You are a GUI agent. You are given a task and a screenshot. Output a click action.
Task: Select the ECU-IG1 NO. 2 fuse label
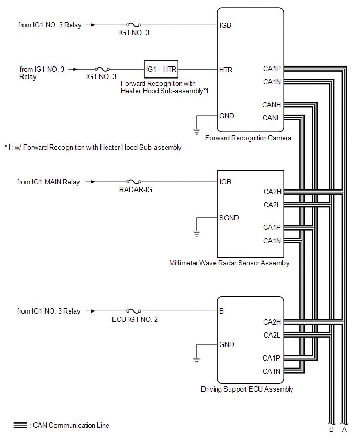[135, 319]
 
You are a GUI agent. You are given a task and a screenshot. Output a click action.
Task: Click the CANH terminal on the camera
[272, 105]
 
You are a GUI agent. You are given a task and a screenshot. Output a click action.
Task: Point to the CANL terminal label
[272, 118]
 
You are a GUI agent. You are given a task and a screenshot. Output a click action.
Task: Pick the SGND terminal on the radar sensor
[229, 217]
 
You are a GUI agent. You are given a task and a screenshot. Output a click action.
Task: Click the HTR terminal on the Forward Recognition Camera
[226, 69]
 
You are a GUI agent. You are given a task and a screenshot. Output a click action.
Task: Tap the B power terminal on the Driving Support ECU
[222, 311]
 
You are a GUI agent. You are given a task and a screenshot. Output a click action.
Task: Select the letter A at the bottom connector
[344, 430]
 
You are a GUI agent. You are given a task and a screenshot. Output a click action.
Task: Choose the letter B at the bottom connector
[331, 430]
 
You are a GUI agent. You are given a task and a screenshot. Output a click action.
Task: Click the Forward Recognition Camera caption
[248, 138]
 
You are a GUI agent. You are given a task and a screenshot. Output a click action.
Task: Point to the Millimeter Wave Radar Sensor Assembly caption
[229, 263]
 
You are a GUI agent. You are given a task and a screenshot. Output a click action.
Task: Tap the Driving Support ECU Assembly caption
[247, 389]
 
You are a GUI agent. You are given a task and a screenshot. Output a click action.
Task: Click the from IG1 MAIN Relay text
[49, 182]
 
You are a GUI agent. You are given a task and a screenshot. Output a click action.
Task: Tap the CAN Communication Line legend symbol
[20, 426]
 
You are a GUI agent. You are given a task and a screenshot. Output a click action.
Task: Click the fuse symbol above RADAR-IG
[135, 182]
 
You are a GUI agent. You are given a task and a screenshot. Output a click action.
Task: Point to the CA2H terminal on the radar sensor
[272, 192]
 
